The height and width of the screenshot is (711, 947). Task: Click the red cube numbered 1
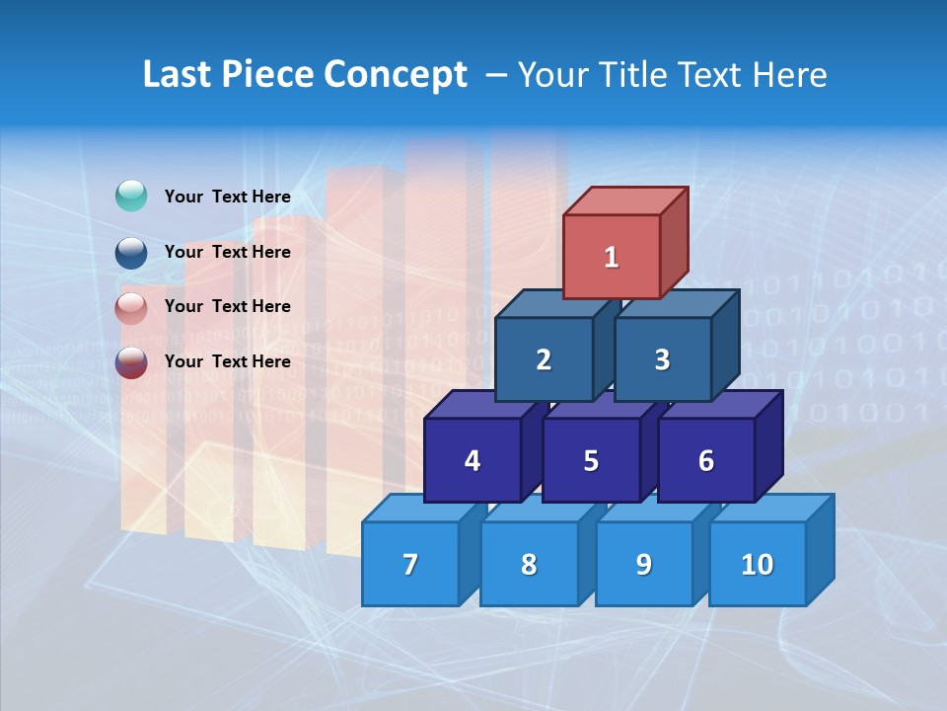click(612, 257)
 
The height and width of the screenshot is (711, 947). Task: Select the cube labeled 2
click(544, 359)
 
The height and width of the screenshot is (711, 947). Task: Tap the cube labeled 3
click(662, 359)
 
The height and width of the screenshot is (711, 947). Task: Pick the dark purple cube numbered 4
click(473, 460)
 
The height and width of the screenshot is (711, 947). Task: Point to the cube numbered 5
click(591, 460)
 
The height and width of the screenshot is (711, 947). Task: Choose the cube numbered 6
click(705, 460)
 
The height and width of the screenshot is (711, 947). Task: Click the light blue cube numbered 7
click(410, 564)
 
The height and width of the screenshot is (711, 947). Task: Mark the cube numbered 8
click(529, 564)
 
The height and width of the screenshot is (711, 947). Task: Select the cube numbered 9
click(643, 564)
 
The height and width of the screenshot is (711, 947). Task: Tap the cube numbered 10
click(757, 564)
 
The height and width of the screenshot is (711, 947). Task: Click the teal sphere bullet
click(131, 197)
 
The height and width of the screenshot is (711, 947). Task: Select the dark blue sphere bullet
click(131, 253)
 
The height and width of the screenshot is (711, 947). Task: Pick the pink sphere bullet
click(131, 307)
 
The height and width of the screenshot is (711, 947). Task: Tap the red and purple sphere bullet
click(131, 362)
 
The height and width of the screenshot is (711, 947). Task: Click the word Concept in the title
click(396, 75)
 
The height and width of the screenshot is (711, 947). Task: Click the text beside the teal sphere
click(227, 197)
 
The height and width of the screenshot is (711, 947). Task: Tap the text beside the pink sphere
click(227, 306)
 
